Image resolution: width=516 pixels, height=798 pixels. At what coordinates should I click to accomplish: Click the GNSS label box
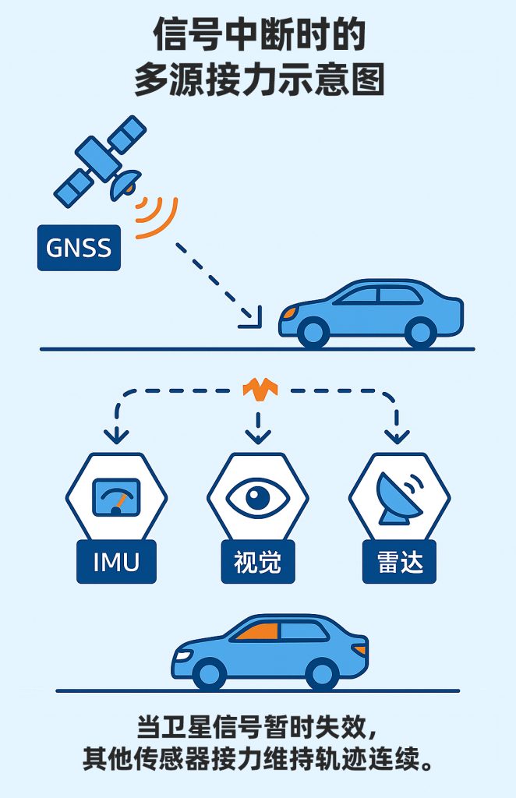pyautogui.click(x=79, y=248)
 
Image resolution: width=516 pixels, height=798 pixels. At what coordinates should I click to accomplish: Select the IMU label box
pyautogui.click(x=115, y=561)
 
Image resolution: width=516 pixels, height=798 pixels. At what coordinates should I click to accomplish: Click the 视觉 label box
pyautogui.click(x=257, y=561)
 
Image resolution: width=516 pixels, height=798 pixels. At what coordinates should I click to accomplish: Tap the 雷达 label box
pyautogui.click(x=399, y=561)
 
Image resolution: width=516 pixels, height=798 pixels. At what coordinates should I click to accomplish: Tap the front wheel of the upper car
pyautogui.click(x=313, y=333)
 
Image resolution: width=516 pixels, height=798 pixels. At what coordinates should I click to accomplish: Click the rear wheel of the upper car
pyautogui.click(x=421, y=333)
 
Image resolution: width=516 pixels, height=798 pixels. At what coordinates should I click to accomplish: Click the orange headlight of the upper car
pyautogui.click(x=288, y=312)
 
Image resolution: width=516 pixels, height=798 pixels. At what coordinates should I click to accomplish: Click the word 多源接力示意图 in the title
pyautogui.click(x=259, y=79)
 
